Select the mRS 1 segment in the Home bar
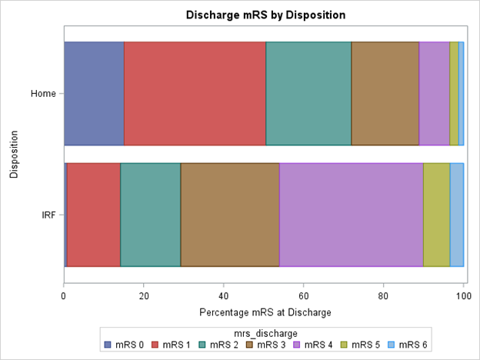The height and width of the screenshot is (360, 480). (x=195, y=93)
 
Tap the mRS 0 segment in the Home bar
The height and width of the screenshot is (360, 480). (x=93, y=93)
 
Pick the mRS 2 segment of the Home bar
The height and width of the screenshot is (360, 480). (x=308, y=93)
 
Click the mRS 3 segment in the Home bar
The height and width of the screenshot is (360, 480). (x=385, y=93)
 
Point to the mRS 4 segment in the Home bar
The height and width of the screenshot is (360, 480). (x=434, y=93)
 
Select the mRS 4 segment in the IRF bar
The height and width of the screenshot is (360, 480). (x=351, y=215)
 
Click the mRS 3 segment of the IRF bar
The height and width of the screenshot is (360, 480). (x=230, y=215)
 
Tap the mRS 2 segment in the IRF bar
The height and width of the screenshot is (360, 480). (x=150, y=215)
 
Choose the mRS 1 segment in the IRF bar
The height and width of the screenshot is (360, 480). (x=93, y=215)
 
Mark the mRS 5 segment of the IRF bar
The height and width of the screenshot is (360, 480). (x=436, y=215)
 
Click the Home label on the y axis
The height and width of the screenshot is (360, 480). (x=42, y=94)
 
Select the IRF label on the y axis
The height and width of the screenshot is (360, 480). (x=47, y=215)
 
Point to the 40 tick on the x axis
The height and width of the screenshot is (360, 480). (x=223, y=293)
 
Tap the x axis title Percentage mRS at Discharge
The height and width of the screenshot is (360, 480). (x=265, y=312)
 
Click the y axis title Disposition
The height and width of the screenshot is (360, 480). (x=14, y=154)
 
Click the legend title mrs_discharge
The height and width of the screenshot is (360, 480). (x=264, y=332)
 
